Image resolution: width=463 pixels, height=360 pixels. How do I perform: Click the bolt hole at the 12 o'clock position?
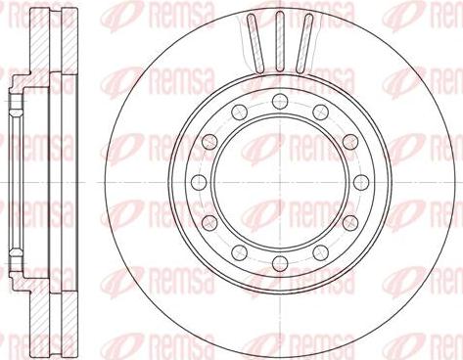click(279, 97)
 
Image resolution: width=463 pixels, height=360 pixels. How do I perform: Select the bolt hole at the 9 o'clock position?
click(195, 182)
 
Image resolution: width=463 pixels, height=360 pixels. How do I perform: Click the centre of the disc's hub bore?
click(279, 182)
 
